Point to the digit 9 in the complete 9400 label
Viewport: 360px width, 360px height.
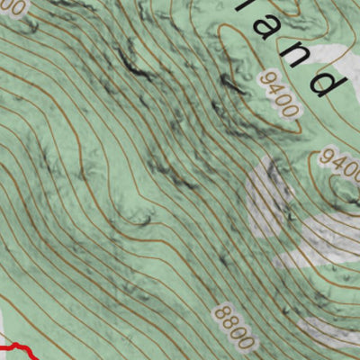265,78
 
